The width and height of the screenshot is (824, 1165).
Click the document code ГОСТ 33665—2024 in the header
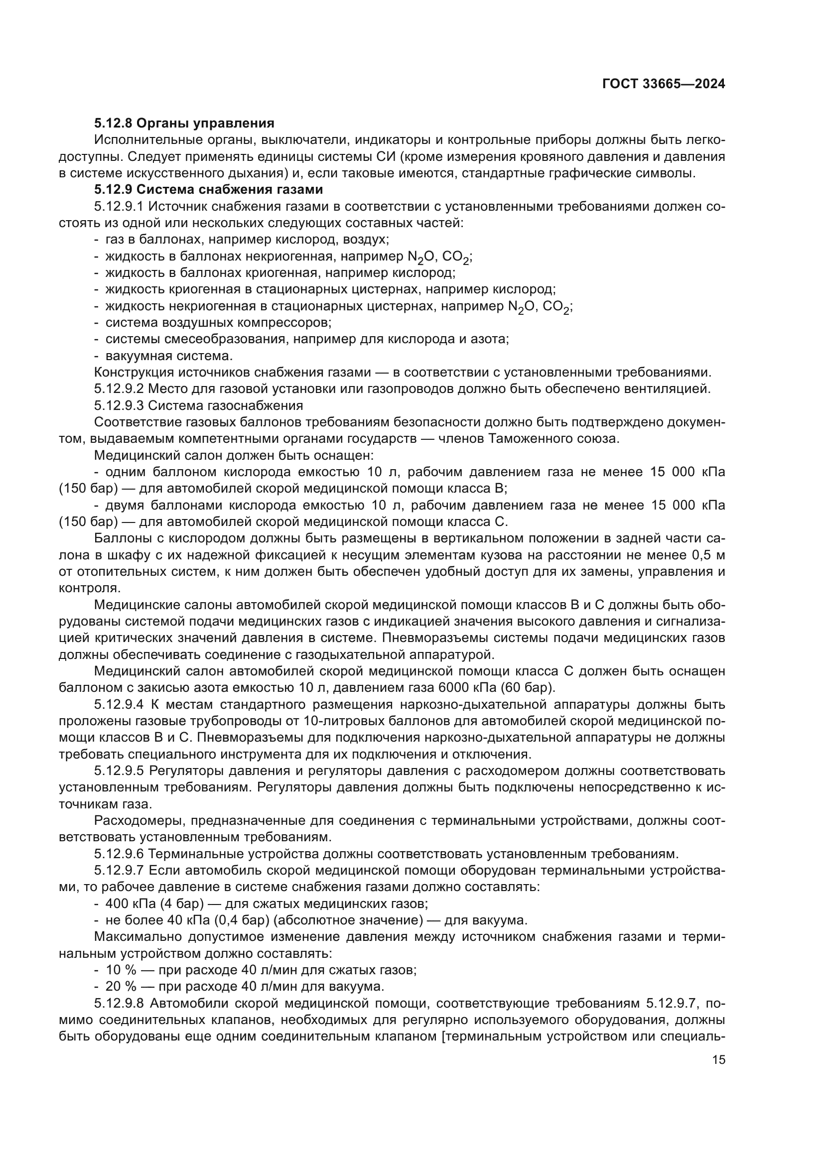pyautogui.click(x=663, y=84)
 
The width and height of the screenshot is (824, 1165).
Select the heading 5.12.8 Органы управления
pyautogui.click(x=184, y=124)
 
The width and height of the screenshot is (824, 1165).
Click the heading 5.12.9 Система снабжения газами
pyautogui.click(x=209, y=190)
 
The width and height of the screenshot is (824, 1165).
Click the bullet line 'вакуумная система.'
pyautogui.click(x=169, y=356)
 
